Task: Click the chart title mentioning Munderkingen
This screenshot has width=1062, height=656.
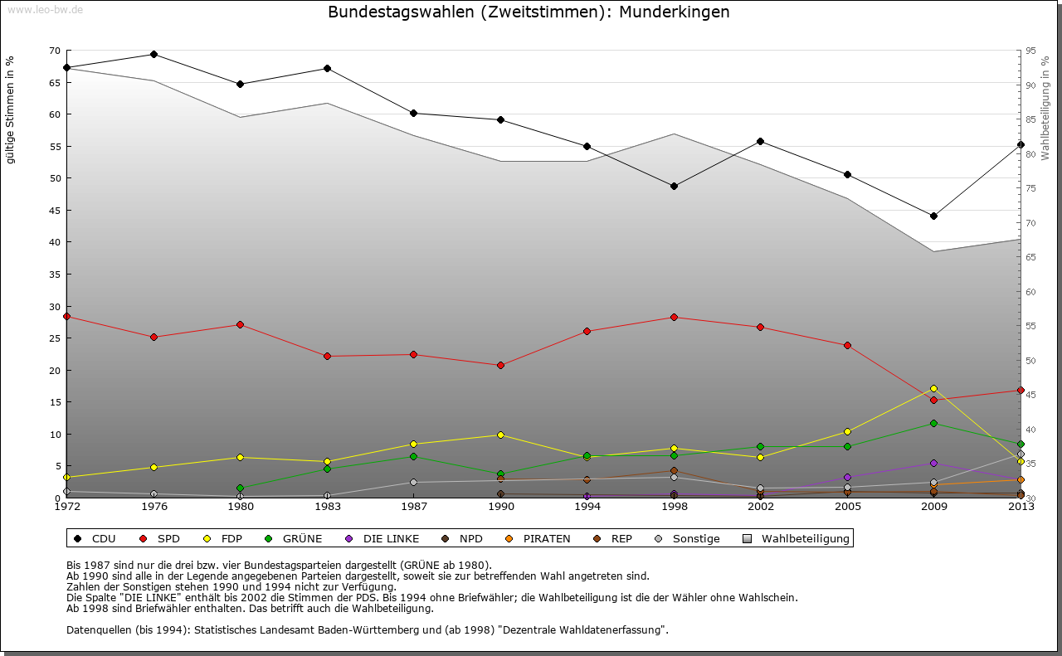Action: [529, 12]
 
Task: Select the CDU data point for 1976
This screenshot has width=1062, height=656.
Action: [153, 55]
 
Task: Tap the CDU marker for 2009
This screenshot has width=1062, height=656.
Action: [933, 216]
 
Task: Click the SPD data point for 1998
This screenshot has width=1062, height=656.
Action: [674, 317]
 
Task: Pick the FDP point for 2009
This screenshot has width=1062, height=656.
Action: [933, 388]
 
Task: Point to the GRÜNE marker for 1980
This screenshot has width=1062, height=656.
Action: [241, 488]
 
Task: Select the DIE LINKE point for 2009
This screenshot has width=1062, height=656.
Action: [933, 463]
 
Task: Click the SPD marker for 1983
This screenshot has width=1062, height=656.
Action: [327, 356]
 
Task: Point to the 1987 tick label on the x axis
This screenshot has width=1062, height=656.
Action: [414, 507]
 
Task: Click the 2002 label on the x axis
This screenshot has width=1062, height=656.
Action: [760, 507]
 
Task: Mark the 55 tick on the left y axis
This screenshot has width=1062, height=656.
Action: [55, 146]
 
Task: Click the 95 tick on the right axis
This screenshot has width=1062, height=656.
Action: [1030, 51]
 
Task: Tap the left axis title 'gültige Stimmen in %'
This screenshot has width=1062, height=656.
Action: [11, 109]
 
